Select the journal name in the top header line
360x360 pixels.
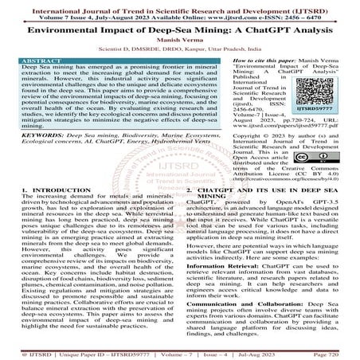pos(179,5)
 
